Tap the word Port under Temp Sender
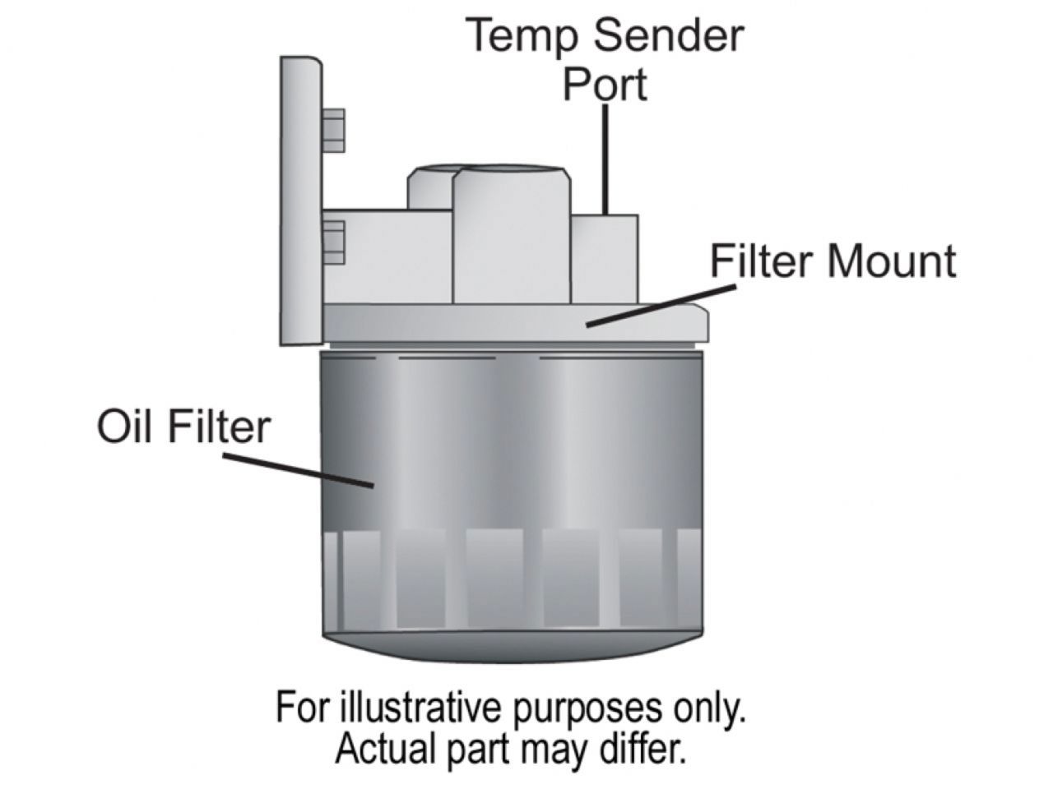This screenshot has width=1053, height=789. click(605, 84)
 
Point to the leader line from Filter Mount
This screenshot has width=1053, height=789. click(658, 305)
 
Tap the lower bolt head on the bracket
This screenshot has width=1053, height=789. click(334, 241)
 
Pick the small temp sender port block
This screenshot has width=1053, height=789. click(605, 255)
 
